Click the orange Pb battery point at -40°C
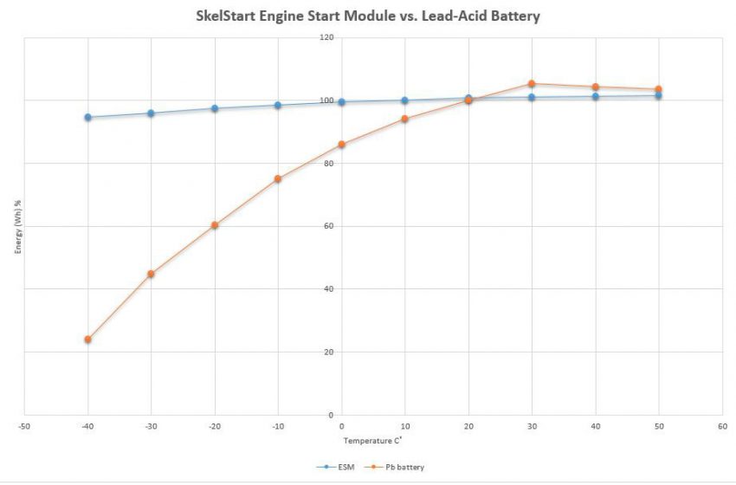pos(87,339)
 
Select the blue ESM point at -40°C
pos(87,117)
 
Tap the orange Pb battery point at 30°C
pos(532,84)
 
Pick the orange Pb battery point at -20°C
pos(215,225)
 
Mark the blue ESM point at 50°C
pos(658,95)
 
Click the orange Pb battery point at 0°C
pos(341,144)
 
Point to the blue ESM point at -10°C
pos(278,105)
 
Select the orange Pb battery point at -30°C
pos(151,274)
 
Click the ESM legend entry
pos(340,467)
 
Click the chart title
pos(367,16)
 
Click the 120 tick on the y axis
pos(326,37)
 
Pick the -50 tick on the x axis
pos(24,426)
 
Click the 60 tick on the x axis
pos(721,426)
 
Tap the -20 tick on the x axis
pos(214,426)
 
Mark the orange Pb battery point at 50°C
pos(658,89)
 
